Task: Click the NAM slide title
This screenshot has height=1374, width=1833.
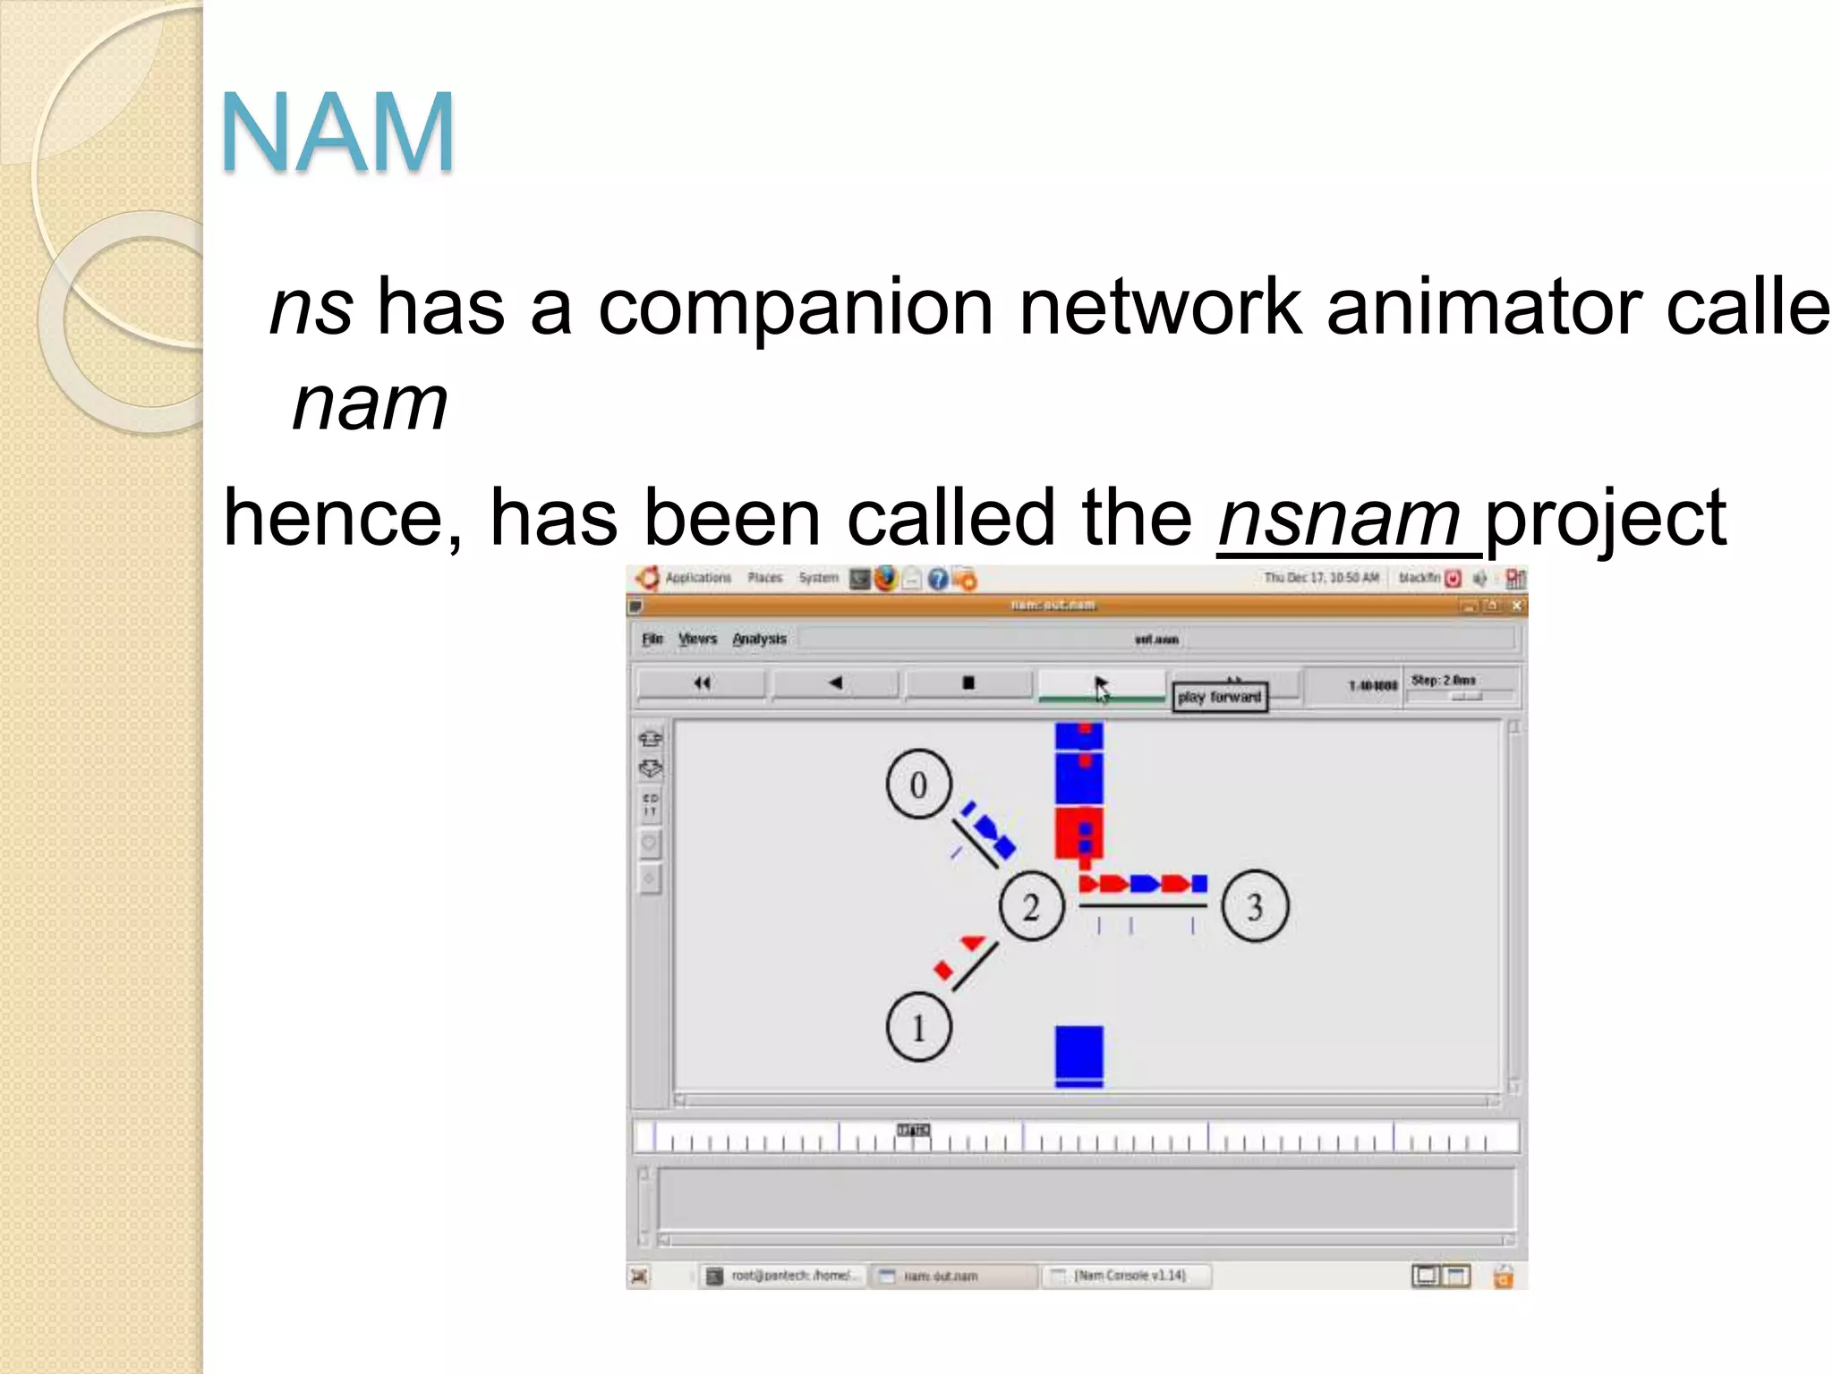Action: [337, 132]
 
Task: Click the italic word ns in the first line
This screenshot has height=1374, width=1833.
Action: [311, 308]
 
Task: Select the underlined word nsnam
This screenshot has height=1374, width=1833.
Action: [1339, 520]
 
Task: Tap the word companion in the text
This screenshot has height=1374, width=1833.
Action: [795, 308]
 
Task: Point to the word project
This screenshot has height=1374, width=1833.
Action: [1605, 520]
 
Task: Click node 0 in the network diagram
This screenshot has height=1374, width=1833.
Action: [918, 785]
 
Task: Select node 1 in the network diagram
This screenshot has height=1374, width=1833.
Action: [918, 1027]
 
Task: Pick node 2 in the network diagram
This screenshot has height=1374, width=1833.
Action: [1031, 906]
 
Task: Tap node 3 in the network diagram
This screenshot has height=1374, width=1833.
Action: [1255, 906]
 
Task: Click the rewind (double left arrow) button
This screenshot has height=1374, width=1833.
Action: [702, 683]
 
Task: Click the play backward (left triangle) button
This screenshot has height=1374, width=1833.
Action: [835, 683]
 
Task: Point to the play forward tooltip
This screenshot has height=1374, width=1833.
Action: [1219, 697]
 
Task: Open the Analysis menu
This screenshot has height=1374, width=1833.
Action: [759, 639]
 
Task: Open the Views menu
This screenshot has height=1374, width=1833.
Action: [697, 639]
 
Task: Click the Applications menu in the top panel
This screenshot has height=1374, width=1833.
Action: [698, 578]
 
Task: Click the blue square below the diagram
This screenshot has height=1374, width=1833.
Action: [1078, 1056]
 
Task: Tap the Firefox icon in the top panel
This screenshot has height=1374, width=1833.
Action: [885, 579]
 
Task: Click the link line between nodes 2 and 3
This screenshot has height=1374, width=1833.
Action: [1143, 906]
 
